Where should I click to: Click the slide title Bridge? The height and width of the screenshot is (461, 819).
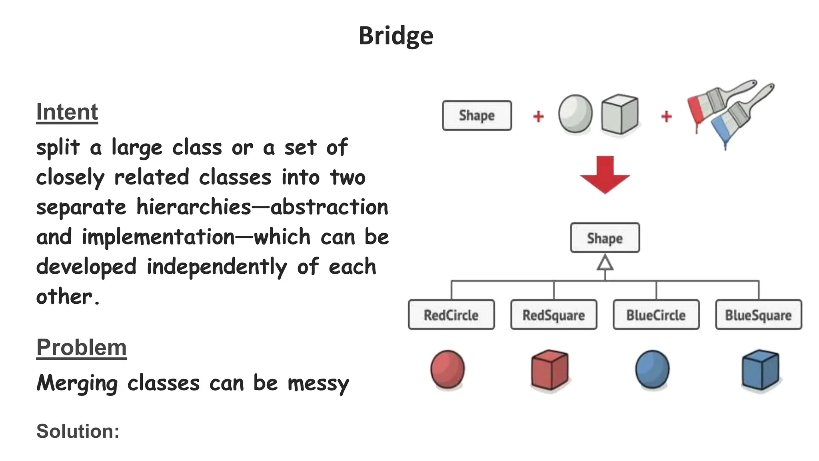[396, 36]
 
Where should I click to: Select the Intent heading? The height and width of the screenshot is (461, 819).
[67, 112]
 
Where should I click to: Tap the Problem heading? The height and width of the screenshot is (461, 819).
[82, 347]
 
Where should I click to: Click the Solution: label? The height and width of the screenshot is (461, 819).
[78, 431]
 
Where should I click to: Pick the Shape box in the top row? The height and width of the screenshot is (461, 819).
[477, 116]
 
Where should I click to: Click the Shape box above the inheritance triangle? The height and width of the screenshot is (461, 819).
[605, 238]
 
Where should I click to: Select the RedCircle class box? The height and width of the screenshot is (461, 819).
[451, 315]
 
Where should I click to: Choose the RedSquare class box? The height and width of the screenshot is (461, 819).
[553, 315]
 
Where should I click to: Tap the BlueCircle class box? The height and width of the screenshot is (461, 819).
[656, 315]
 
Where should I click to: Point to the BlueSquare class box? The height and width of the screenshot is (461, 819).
[758, 315]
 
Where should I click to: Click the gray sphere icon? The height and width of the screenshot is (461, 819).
[575, 114]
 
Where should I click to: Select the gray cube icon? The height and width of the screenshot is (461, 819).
[619, 114]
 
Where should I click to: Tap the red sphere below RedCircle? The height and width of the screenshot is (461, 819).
[447, 369]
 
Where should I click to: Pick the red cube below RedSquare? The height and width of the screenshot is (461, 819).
[549, 369]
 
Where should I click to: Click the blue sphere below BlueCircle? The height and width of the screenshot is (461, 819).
[652, 369]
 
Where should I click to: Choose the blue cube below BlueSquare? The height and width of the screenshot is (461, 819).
[760, 369]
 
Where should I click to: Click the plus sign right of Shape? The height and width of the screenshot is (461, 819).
[538, 116]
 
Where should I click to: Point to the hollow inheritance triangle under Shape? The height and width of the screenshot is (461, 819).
[605, 263]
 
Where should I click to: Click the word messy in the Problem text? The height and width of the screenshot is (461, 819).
[318, 383]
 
